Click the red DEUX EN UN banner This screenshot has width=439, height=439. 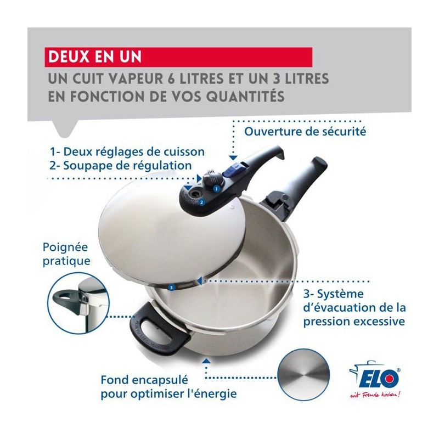(x=178, y=57)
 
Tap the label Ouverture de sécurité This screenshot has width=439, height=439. (x=305, y=131)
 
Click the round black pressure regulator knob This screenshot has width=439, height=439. (x=213, y=178)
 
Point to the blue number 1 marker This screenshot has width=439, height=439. (x=216, y=189)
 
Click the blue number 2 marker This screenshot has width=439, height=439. (x=201, y=202)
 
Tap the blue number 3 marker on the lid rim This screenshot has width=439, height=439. (x=171, y=287)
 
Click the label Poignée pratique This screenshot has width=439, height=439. (x=66, y=254)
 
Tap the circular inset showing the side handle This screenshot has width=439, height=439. (x=78, y=303)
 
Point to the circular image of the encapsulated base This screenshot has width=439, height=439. (x=303, y=374)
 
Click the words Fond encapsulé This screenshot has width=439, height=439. (x=144, y=380)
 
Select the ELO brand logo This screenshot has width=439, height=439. (x=375, y=376)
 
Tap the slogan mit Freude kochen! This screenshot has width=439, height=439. (x=375, y=395)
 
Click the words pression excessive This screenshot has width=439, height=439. (x=354, y=321)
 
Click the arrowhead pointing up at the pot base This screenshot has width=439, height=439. (x=206, y=360)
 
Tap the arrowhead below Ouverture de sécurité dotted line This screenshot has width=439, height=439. (x=233, y=158)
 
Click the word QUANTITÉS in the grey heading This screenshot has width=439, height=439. (x=245, y=97)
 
